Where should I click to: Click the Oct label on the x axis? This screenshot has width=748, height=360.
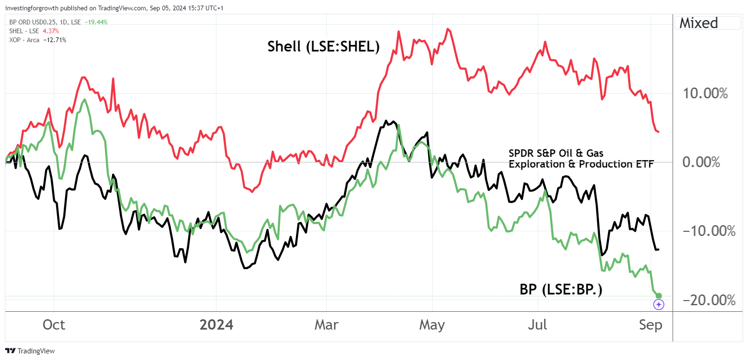[54, 325]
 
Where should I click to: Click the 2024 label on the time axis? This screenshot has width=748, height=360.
[216, 325]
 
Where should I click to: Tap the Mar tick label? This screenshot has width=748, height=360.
[326, 325]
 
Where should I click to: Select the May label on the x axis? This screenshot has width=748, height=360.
[432, 325]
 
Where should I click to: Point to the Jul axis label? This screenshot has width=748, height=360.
[537, 325]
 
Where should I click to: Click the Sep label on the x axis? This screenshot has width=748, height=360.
[651, 325]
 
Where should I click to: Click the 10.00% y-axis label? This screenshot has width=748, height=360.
[705, 93]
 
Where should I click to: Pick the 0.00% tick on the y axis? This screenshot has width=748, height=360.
[701, 162]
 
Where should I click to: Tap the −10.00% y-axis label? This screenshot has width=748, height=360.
[709, 231]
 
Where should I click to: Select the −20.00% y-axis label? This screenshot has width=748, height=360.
[709, 300]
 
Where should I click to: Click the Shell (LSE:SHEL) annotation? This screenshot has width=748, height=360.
[323, 46]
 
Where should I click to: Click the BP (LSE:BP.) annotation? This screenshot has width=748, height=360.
[561, 289]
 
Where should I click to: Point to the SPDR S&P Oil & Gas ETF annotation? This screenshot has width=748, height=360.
[581, 159]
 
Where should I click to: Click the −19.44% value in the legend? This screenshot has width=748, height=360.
[96, 22]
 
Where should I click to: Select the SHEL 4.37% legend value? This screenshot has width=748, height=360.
[51, 31]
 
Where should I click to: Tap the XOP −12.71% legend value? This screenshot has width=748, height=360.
[54, 40]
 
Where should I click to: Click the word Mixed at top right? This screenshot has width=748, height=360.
[698, 23]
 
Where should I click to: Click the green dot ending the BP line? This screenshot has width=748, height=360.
[659, 295]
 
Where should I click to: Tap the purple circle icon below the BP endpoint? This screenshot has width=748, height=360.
[659, 305]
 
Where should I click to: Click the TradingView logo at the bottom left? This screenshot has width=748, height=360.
[30, 351]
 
